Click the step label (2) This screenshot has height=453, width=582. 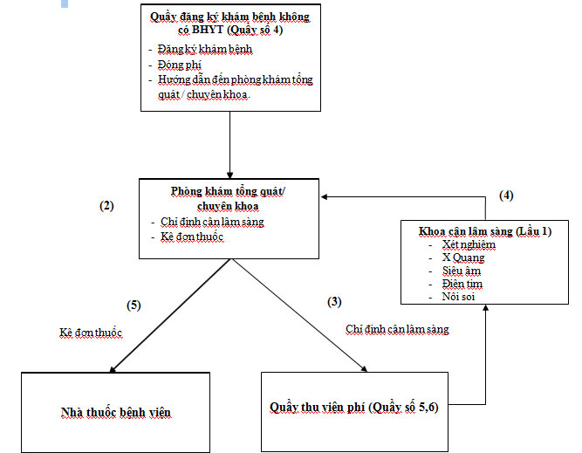point(107,206)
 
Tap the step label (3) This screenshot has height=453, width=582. point(334,301)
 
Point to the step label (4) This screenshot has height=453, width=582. point(506,196)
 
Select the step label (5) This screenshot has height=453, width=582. point(133,305)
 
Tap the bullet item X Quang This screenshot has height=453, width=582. point(463,257)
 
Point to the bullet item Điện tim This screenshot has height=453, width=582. point(462,284)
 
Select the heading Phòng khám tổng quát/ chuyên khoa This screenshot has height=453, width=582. point(229,197)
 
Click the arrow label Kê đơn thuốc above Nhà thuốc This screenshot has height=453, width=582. point(92,334)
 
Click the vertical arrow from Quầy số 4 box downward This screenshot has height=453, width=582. point(230,144)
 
